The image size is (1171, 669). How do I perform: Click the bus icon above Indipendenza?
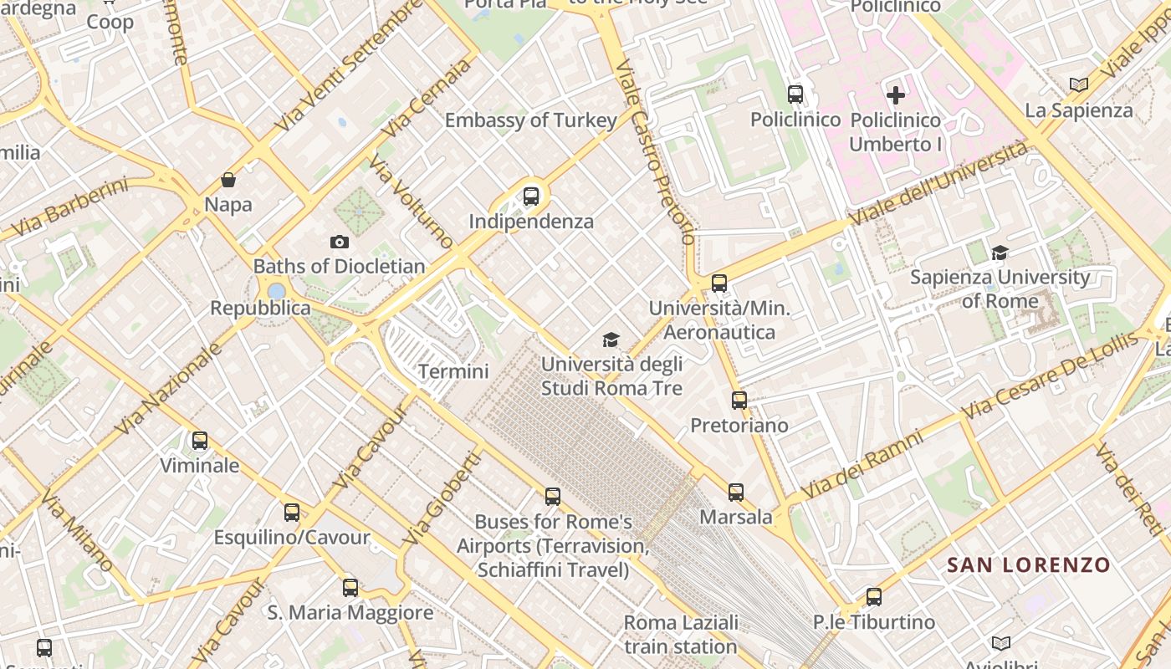point(530,197)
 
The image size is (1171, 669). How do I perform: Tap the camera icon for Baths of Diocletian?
point(339,242)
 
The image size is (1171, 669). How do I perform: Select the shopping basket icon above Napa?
point(228,180)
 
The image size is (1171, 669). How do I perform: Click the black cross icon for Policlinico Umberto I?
point(895,94)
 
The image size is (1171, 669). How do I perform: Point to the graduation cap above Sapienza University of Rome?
point(1000,253)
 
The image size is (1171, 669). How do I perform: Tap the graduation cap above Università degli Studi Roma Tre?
point(611,340)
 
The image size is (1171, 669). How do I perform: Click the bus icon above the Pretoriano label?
point(739,401)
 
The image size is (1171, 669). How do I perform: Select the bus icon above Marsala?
point(735,493)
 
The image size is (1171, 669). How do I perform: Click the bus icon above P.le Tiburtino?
point(874,597)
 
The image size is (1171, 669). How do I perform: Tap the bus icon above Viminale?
point(199,441)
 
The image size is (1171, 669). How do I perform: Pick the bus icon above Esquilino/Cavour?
point(291,513)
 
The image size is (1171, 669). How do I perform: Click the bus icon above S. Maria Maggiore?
point(350,588)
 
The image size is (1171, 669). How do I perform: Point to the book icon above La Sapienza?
point(1079,84)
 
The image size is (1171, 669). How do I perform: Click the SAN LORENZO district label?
point(1028,565)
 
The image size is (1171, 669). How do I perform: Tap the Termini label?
point(453,370)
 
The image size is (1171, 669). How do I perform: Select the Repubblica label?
point(260,308)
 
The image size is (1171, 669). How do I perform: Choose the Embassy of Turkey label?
point(530,120)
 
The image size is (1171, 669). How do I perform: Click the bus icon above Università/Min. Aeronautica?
point(719,283)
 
